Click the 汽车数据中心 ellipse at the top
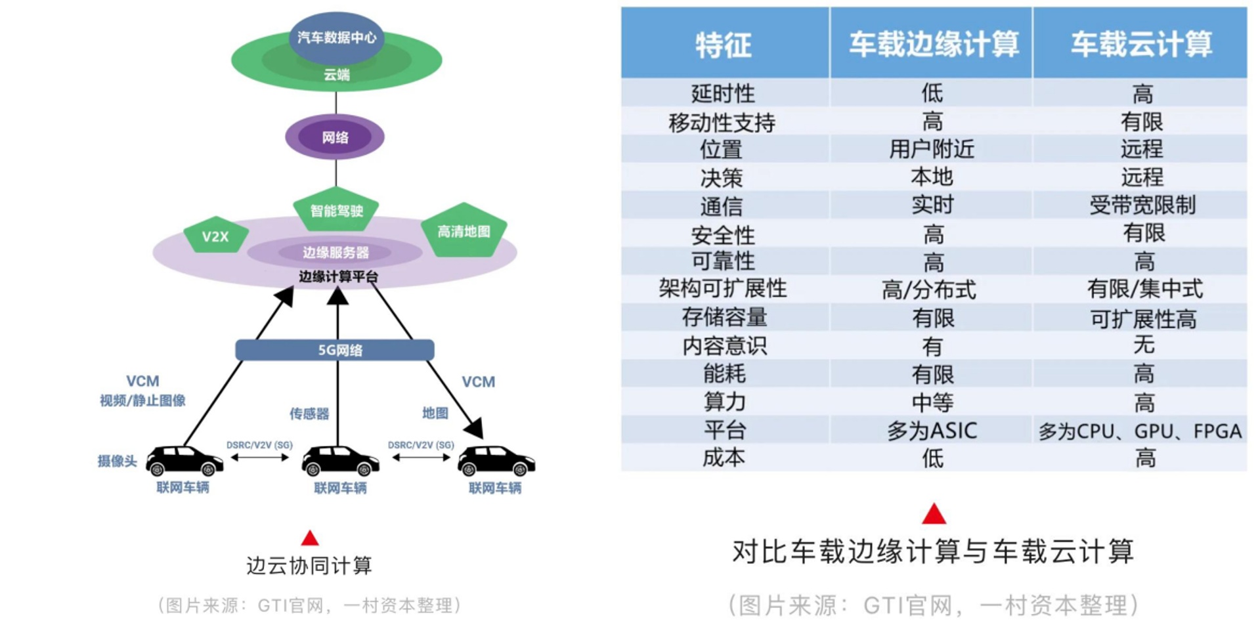pos(336,37)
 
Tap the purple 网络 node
pos(335,137)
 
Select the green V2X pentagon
pos(215,236)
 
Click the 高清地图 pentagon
pos(464,231)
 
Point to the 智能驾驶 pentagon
pos(336,210)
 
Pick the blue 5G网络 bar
pos(335,350)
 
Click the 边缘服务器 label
pos(336,252)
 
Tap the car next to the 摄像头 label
pos(184,460)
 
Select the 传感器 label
pos(309,413)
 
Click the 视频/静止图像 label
pos(142,400)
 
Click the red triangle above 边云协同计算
pos(310,538)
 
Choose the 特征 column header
pos(724,45)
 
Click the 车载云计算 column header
pos(1141,45)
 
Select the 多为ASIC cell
pos(932,430)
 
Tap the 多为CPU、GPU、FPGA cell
pos(1140,431)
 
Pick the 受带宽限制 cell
pos(1142,205)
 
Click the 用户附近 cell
pos(932,149)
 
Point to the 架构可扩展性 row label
pos(723,288)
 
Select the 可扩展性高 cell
pos(1143,318)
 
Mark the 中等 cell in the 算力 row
pos(932,402)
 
